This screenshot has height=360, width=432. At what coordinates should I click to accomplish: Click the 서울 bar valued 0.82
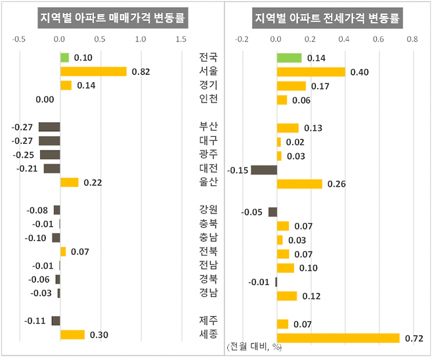[x=93, y=71]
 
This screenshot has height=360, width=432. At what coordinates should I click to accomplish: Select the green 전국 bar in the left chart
[x=64, y=57]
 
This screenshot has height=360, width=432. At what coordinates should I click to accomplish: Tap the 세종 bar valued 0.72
[x=338, y=338]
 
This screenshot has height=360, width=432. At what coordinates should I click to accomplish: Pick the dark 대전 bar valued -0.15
[x=264, y=170]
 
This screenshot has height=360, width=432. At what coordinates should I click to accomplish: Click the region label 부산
[x=208, y=126]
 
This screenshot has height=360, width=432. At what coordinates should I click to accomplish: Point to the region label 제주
[x=208, y=321]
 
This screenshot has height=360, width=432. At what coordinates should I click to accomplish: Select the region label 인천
[x=208, y=99]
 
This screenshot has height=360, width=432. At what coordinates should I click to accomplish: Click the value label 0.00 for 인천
[x=45, y=99]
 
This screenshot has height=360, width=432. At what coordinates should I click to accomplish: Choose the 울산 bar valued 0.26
[x=299, y=184]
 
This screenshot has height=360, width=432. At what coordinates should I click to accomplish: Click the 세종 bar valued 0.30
[x=72, y=334]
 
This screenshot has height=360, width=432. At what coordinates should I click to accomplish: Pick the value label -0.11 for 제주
[x=35, y=321]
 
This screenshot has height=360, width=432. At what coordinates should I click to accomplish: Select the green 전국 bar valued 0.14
[x=290, y=58]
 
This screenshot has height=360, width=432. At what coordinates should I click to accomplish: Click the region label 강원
[x=208, y=210]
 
